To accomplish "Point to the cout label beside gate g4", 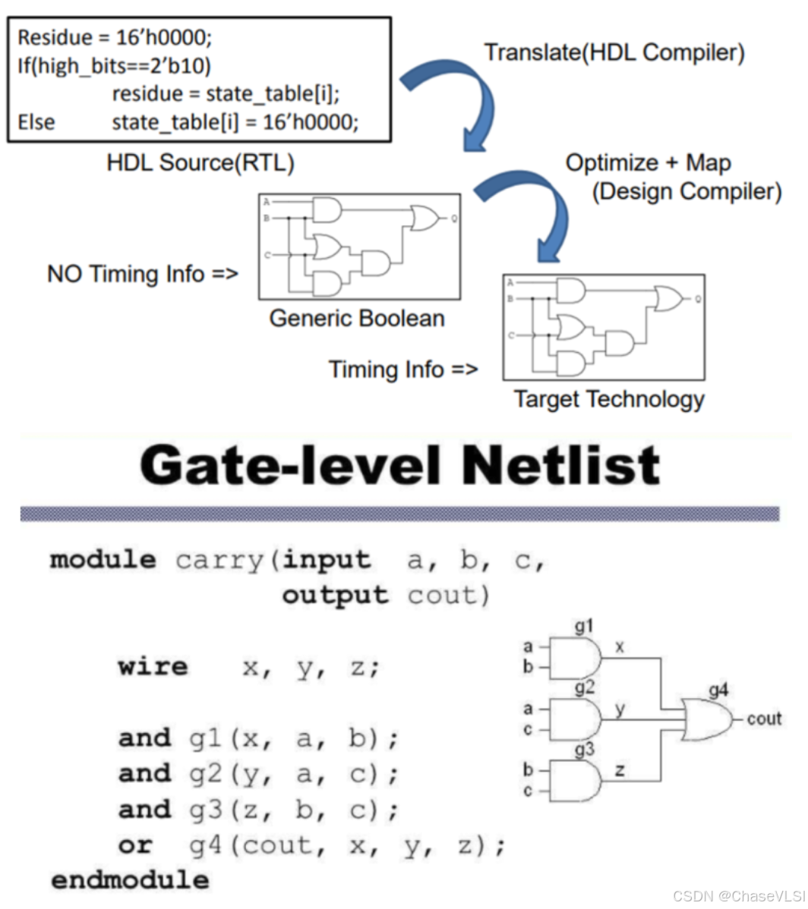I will coord(764,719).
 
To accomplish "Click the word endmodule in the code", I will coord(129,880).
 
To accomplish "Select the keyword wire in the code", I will coord(153,667).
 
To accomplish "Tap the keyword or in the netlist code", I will coord(135,845).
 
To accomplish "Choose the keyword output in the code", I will coord(335,596).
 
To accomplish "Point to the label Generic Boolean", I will coord(357,317).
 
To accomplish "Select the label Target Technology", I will coord(609,399).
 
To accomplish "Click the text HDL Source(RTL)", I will coord(200,162).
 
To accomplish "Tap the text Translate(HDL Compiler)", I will coord(614,52).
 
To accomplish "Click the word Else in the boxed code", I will coord(36,121).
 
